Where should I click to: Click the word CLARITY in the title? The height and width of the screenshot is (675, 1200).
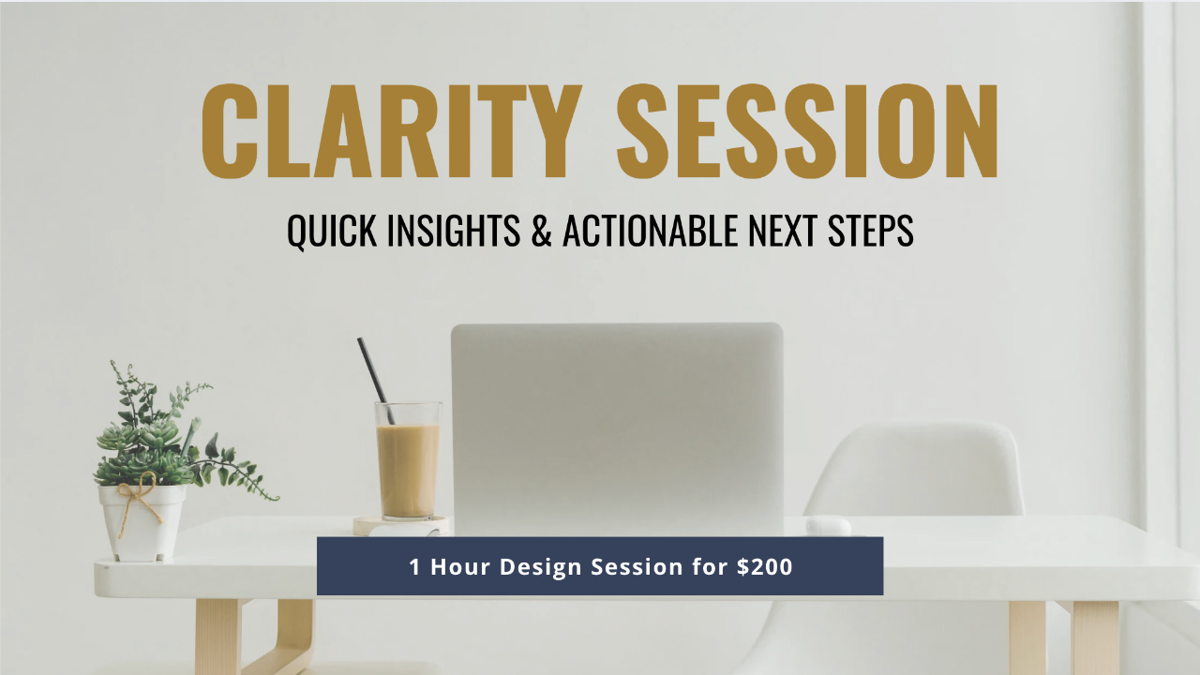tap(392, 130)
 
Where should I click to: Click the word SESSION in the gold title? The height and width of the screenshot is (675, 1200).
tap(807, 130)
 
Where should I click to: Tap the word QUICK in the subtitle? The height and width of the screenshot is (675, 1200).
tap(332, 231)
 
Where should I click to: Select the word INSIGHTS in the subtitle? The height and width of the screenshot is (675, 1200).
tap(453, 231)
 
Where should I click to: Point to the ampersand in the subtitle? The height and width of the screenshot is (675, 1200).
tap(542, 231)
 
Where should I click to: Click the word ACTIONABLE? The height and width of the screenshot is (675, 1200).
tap(651, 231)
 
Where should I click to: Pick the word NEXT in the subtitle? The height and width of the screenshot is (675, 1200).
tap(783, 231)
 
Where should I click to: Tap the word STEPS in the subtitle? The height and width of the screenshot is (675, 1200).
tap(871, 231)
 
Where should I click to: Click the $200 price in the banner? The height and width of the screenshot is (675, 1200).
tap(764, 567)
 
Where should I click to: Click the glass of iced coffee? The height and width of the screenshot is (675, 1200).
tap(408, 460)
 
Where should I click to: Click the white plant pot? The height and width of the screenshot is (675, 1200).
tap(142, 523)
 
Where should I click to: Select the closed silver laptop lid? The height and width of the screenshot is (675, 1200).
tap(617, 429)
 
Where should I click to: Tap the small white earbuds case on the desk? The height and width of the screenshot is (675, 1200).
tap(828, 526)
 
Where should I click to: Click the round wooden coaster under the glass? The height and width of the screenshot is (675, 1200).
tap(400, 526)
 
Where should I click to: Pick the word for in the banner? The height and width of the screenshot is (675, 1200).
tap(710, 567)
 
